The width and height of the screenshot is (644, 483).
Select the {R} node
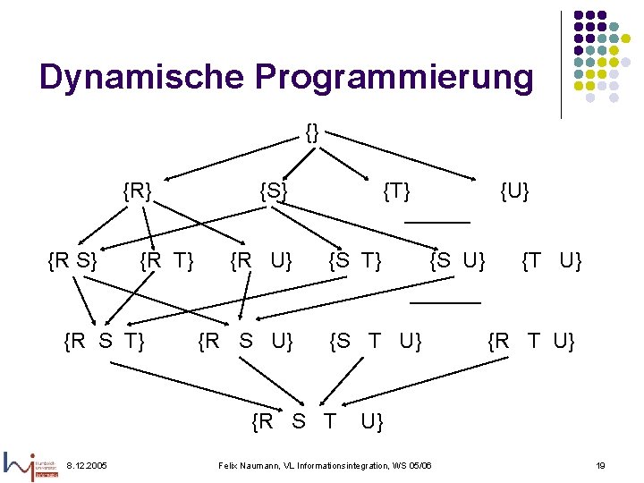(x=137, y=191)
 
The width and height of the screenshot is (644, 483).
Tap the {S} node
(x=273, y=191)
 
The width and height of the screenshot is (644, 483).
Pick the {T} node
(x=396, y=191)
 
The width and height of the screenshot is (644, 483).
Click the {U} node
(x=514, y=191)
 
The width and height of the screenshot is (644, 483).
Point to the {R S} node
(x=72, y=261)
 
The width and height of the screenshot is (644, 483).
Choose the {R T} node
(x=166, y=261)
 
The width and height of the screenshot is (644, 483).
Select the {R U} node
(x=261, y=261)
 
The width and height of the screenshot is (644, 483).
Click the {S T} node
(x=355, y=261)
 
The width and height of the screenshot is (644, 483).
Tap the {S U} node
(x=457, y=261)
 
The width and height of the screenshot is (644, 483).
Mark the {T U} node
(x=552, y=261)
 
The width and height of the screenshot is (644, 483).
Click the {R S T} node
(x=106, y=341)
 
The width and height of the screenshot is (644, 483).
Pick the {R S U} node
(x=245, y=341)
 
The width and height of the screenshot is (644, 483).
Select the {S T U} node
(x=375, y=341)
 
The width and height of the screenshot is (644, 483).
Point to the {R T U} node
(x=531, y=341)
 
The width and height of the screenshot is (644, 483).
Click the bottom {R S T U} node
(x=318, y=420)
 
